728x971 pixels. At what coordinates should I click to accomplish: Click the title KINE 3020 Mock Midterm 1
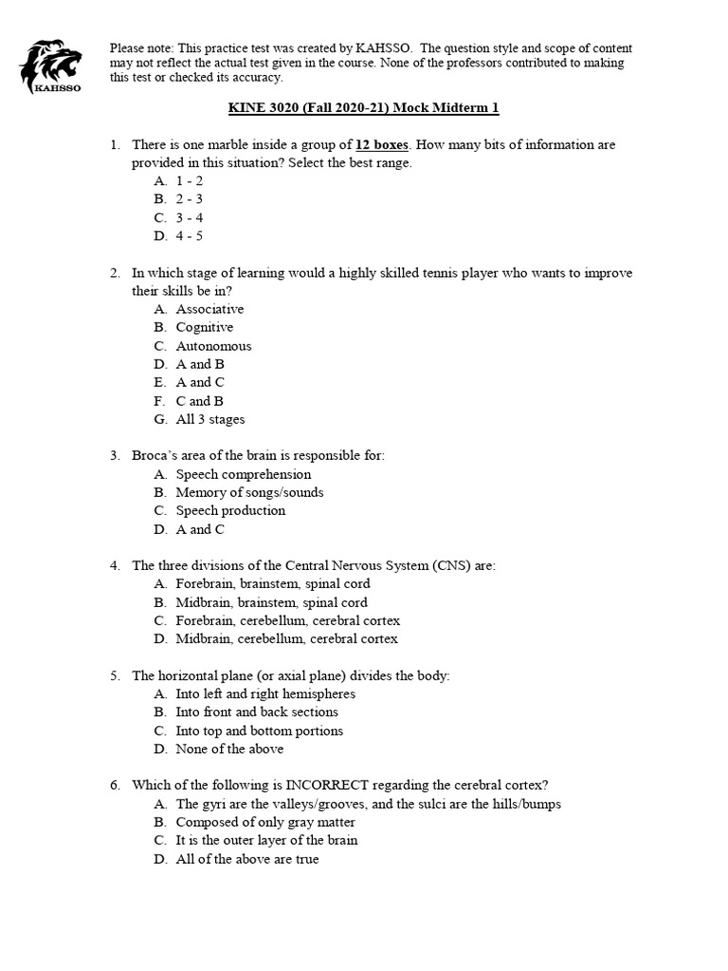click(363, 108)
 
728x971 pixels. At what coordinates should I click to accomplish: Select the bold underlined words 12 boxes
click(382, 145)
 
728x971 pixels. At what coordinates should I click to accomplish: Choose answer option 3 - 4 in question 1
click(190, 217)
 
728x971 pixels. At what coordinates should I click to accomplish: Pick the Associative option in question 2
click(209, 309)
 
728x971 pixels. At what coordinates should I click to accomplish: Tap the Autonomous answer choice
click(213, 346)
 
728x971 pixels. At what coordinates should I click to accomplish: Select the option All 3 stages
click(210, 419)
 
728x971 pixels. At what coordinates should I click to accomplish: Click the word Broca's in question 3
click(153, 455)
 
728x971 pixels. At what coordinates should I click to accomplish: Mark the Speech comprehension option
click(243, 474)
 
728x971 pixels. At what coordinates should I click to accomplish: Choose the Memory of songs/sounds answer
click(249, 492)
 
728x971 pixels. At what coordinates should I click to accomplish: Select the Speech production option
click(230, 510)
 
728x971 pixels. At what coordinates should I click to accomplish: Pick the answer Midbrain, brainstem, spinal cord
click(271, 602)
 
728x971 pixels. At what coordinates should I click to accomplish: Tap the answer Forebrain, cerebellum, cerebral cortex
click(287, 620)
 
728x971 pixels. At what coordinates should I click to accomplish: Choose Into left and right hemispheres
click(265, 694)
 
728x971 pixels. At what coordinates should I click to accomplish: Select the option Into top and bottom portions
click(259, 731)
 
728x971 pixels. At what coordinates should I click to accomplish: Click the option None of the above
click(229, 749)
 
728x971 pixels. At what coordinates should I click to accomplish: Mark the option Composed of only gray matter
click(265, 822)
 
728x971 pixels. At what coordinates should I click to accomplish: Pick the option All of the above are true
click(246, 859)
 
